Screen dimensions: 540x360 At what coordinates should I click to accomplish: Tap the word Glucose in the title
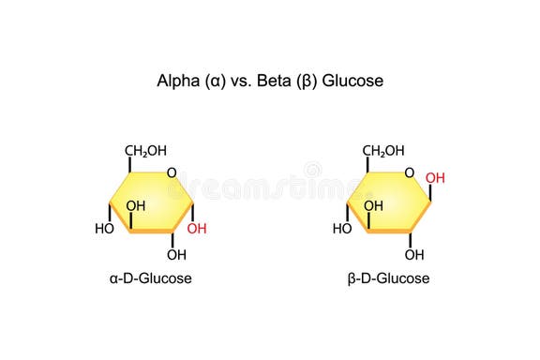click(x=354, y=81)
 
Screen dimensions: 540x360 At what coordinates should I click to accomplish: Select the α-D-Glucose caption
click(x=151, y=278)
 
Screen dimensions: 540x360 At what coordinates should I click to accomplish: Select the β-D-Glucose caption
click(x=387, y=278)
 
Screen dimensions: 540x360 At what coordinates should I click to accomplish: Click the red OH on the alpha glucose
click(x=198, y=228)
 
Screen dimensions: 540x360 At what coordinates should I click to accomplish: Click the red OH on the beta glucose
click(x=435, y=176)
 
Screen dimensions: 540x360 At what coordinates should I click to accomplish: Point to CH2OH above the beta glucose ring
click(x=383, y=150)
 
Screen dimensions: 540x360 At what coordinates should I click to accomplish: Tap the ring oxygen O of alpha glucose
click(x=171, y=172)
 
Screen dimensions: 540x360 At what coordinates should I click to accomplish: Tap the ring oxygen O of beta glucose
click(x=409, y=172)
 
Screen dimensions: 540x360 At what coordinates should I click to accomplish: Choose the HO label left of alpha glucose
click(x=103, y=228)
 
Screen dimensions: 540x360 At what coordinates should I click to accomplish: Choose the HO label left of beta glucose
click(x=342, y=228)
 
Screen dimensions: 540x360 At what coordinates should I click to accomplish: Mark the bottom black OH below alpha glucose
click(x=176, y=254)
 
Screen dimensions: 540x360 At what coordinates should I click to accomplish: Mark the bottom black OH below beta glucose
click(x=414, y=254)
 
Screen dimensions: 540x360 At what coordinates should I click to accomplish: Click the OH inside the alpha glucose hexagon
click(x=136, y=205)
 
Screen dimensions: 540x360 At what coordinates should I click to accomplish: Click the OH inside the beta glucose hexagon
click(x=373, y=205)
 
